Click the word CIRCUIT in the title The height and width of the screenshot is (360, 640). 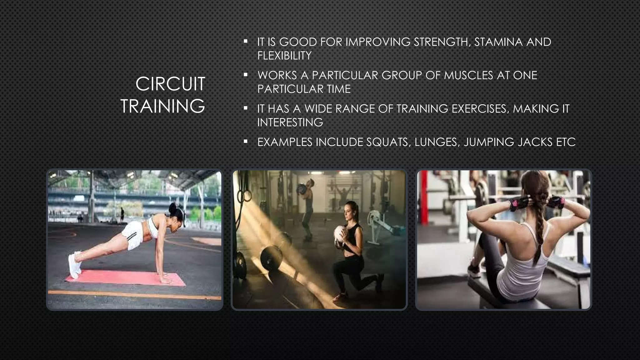[x=170, y=84]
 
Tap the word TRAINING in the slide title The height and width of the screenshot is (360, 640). [x=162, y=106]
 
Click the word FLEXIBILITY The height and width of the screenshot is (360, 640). [x=284, y=56]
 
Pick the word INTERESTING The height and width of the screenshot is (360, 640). [x=290, y=122]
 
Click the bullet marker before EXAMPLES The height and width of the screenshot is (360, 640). [x=246, y=142]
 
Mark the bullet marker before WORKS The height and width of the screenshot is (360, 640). [x=246, y=75]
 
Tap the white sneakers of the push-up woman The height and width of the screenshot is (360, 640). [x=75, y=264]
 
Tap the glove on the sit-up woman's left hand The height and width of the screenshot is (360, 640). [x=516, y=204]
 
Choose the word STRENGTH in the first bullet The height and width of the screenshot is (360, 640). [x=442, y=42]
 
